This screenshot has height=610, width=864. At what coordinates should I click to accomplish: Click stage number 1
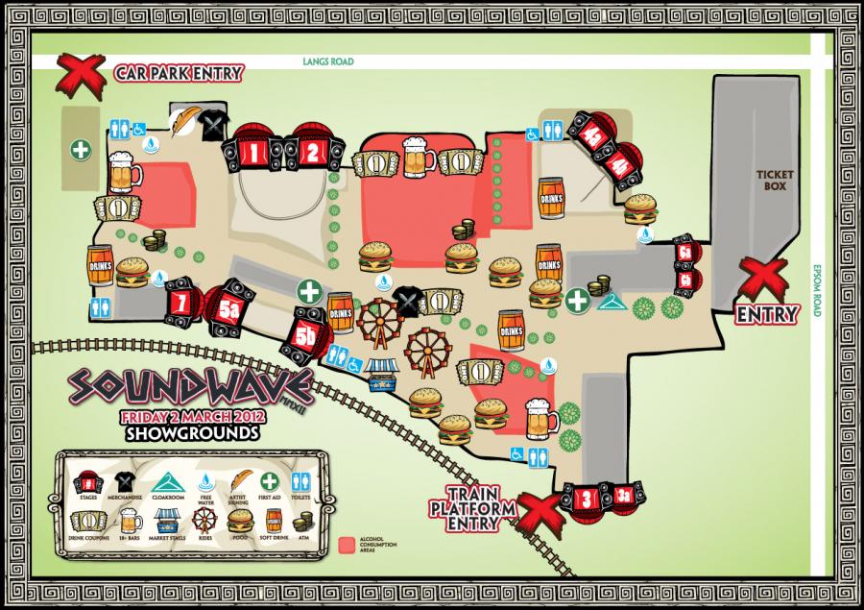tap(255, 151)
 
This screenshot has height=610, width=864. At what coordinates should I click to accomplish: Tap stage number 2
tap(311, 150)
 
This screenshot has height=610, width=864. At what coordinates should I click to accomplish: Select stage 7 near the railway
tap(180, 299)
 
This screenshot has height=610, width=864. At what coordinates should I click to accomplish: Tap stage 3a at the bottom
tap(623, 496)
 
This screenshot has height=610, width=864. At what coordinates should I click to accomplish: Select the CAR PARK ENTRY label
tap(179, 73)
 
